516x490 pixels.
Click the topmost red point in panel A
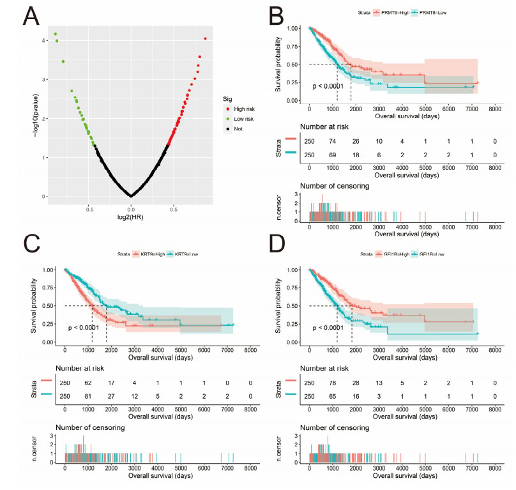pos(205,39)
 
